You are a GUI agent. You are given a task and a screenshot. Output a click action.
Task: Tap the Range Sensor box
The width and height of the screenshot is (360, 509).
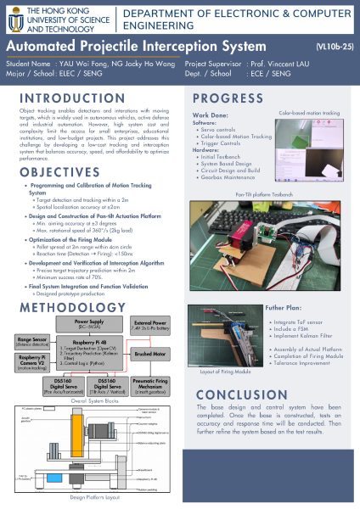(31, 342)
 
